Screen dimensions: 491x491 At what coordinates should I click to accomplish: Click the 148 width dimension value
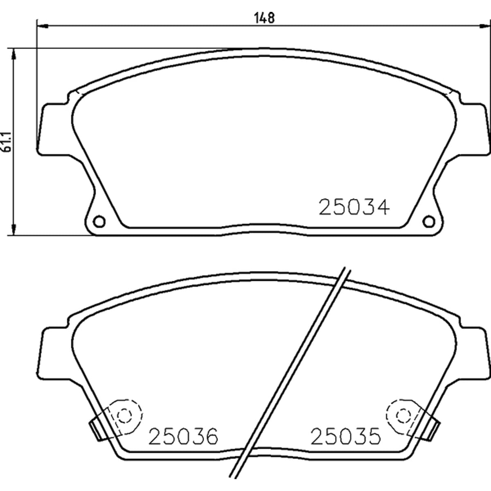[264, 18]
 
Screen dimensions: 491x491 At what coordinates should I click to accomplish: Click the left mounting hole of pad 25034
[99, 221]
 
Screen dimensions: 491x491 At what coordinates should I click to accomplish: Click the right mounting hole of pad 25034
[429, 221]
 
